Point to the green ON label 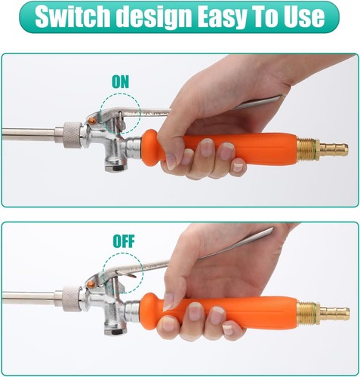(120, 81)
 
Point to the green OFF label (124, 241)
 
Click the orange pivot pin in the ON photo (92, 121)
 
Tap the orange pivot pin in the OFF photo (91, 284)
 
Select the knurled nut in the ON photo (72, 135)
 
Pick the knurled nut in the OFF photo (72, 299)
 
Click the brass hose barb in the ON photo (334, 149)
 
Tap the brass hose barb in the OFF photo (335, 313)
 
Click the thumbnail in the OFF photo (168, 302)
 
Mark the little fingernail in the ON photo (238, 167)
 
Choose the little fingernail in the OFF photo (228, 329)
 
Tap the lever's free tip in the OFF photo (272, 228)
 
